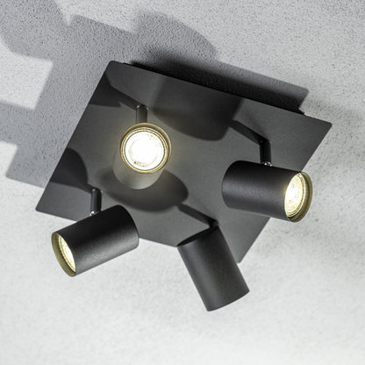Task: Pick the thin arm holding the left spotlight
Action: click(x=91, y=200)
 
